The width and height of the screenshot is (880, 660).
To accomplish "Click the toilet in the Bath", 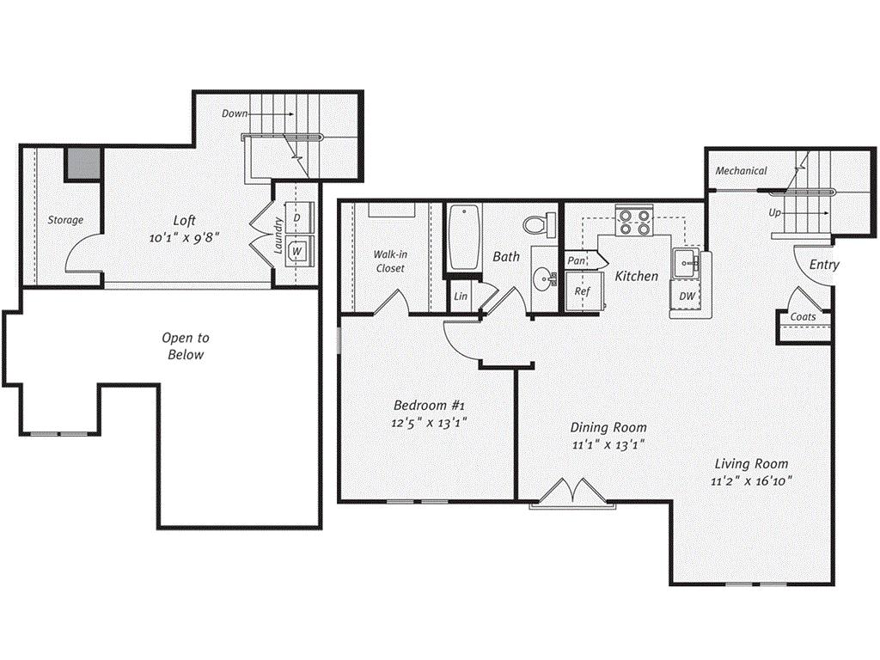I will tap(535, 224).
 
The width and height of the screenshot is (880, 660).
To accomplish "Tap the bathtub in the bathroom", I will tap(460, 238).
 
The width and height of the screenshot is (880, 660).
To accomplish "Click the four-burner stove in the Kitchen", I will tap(634, 223).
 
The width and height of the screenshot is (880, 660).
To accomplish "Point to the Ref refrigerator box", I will tap(583, 291).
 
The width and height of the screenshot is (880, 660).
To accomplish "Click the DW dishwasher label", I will tap(687, 296).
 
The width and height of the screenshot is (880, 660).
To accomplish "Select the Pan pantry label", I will tap(576, 260).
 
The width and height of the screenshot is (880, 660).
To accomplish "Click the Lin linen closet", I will tap(461, 296).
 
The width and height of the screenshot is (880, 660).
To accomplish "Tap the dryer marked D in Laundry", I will tap(296, 218).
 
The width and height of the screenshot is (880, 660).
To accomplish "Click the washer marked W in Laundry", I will tap(296, 251).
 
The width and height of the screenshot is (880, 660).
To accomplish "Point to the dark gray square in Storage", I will tap(83, 163).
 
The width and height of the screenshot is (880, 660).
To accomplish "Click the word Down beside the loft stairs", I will tap(235, 113).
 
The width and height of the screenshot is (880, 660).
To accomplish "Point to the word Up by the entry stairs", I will tap(775, 211).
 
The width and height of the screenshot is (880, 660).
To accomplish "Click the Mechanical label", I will tap(741, 171).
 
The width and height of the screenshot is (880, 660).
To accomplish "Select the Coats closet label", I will tap(803, 317).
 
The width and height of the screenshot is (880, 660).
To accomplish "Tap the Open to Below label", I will tap(186, 346).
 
